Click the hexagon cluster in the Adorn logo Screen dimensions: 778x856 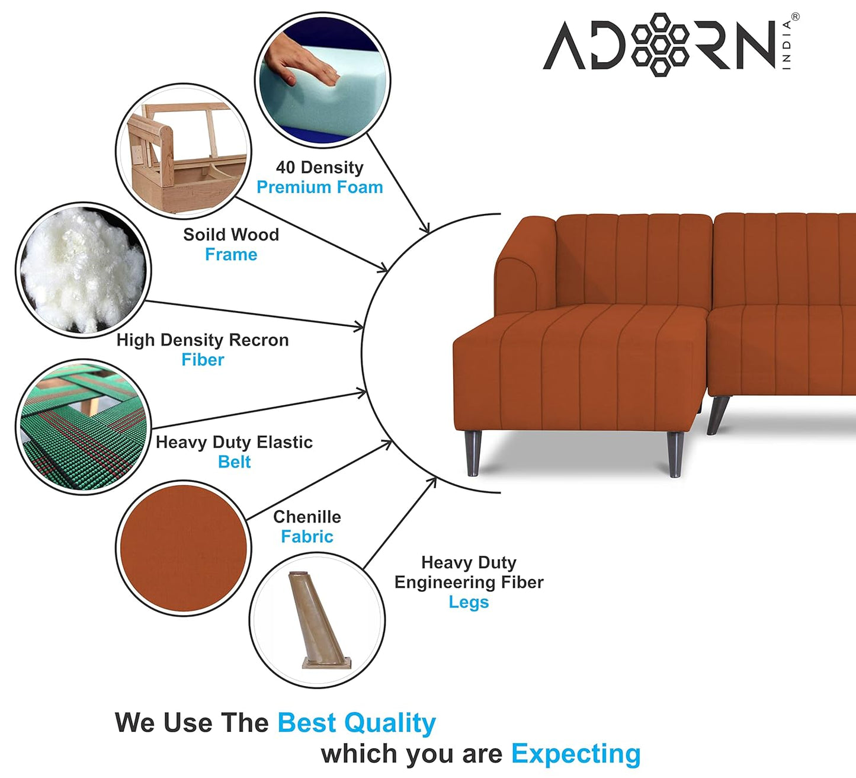tap(659, 44)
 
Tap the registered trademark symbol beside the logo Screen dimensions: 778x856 tap(795, 17)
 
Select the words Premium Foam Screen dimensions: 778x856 tap(319, 187)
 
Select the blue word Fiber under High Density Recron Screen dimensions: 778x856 tap(203, 360)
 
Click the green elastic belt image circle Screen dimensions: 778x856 tap(83, 427)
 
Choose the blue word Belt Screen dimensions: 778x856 tap(234, 462)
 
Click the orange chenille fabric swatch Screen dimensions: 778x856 tap(183, 548)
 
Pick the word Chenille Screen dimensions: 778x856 tap(307, 517)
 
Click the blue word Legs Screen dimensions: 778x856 tap(468, 602)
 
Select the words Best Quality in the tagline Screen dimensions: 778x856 tap(356, 723)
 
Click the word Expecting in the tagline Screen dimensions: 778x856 tap(575, 754)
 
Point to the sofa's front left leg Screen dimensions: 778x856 tap(473, 453)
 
